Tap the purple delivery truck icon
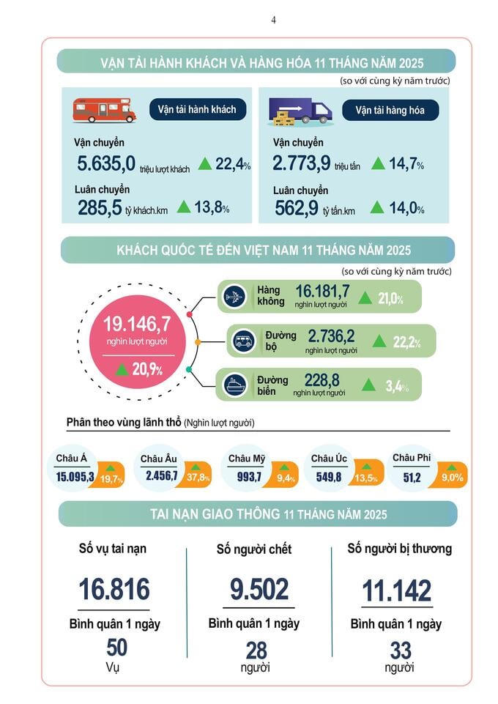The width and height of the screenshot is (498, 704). coord(301,111)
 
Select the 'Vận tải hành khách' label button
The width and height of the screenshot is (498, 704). coord(197,110)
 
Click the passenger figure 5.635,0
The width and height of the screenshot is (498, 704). coord(106,163)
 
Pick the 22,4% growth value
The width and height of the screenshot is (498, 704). coord(233,163)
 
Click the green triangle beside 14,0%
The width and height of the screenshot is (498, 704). coord(377,208)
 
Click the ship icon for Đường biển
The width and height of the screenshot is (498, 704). coord(237,385)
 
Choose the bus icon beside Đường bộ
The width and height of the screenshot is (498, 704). coord(244,341)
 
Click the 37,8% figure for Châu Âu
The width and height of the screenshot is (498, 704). coord(198,478)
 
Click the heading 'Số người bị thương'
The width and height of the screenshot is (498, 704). coord(399,548)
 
